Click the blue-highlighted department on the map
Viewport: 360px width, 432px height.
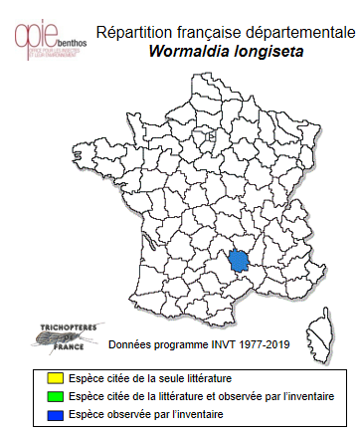(x=239, y=261)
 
